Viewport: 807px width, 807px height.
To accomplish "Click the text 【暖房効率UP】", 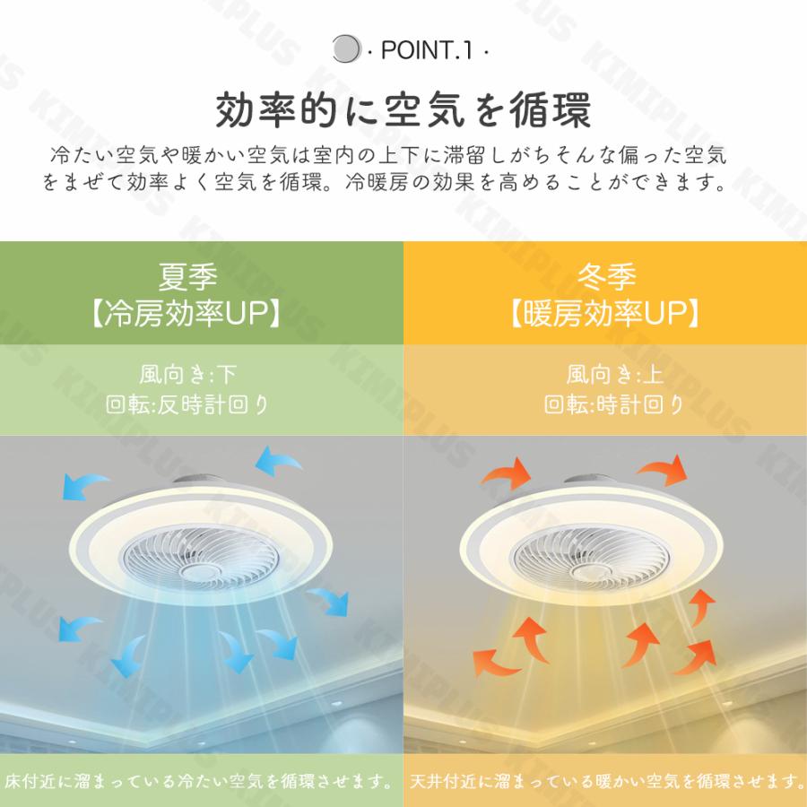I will pos(604,313).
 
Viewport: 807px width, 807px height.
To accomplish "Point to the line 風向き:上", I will pos(604,372).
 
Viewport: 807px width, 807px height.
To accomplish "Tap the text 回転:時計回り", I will pos(604,404).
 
